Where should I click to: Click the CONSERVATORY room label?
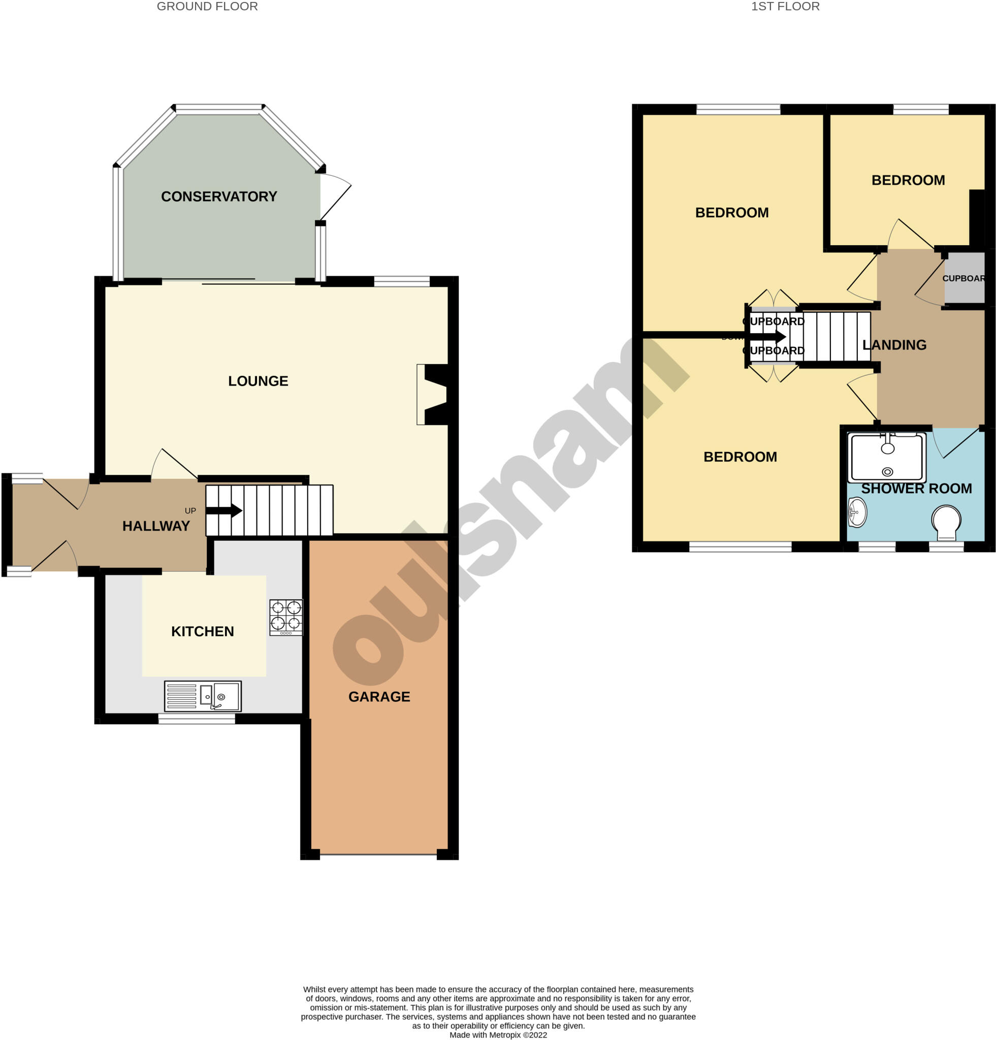point(218,197)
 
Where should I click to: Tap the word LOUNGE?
point(258,381)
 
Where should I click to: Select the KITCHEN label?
point(202,631)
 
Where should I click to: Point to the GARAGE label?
point(379,697)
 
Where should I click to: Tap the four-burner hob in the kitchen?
point(285,617)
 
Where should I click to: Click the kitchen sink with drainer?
point(203,696)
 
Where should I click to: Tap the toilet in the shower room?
point(946,522)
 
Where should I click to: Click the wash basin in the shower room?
point(856,512)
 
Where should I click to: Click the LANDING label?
point(894,345)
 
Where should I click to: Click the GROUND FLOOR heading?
point(207,7)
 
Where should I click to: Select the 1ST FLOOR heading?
point(785,7)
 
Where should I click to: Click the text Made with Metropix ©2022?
point(498,1035)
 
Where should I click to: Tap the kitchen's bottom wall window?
point(197,719)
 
